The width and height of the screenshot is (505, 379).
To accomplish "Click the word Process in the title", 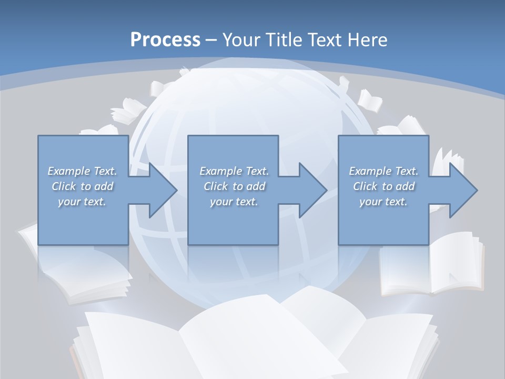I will point(165,40).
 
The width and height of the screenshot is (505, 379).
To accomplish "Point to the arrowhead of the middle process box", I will point(312,190).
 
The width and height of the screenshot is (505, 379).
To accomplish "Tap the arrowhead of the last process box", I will point(463,190).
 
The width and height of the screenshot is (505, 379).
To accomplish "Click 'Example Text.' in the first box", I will point(83,171).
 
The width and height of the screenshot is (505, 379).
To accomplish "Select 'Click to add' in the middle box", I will point(234,186).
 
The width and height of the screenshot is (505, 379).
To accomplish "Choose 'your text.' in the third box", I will point(383,202).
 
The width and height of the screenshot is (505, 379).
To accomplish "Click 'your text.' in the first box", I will point(83,202).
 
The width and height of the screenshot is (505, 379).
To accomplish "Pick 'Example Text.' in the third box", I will point(383,171).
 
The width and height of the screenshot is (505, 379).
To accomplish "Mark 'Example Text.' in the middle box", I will point(234,171).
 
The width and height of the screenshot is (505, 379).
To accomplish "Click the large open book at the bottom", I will point(252,337).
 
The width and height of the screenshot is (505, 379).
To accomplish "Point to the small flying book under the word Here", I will point(370,101).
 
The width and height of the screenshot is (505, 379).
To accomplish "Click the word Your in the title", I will point(240,40).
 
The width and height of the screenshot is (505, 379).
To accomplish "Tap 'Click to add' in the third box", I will point(383,186).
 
